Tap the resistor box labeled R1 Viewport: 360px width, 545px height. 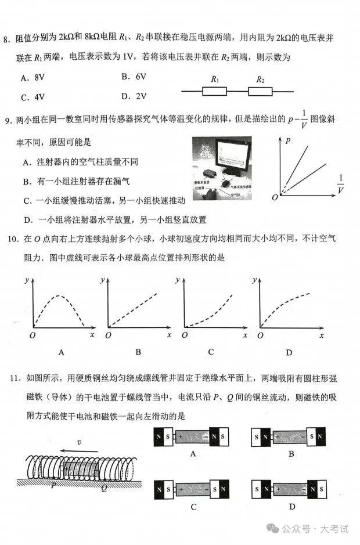tap(215, 91)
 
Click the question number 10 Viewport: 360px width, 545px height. tap(10, 239)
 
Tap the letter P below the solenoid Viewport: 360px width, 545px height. tap(53, 485)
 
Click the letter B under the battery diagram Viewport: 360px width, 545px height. tap(290, 454)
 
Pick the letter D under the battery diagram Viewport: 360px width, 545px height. tap(290, 507)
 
